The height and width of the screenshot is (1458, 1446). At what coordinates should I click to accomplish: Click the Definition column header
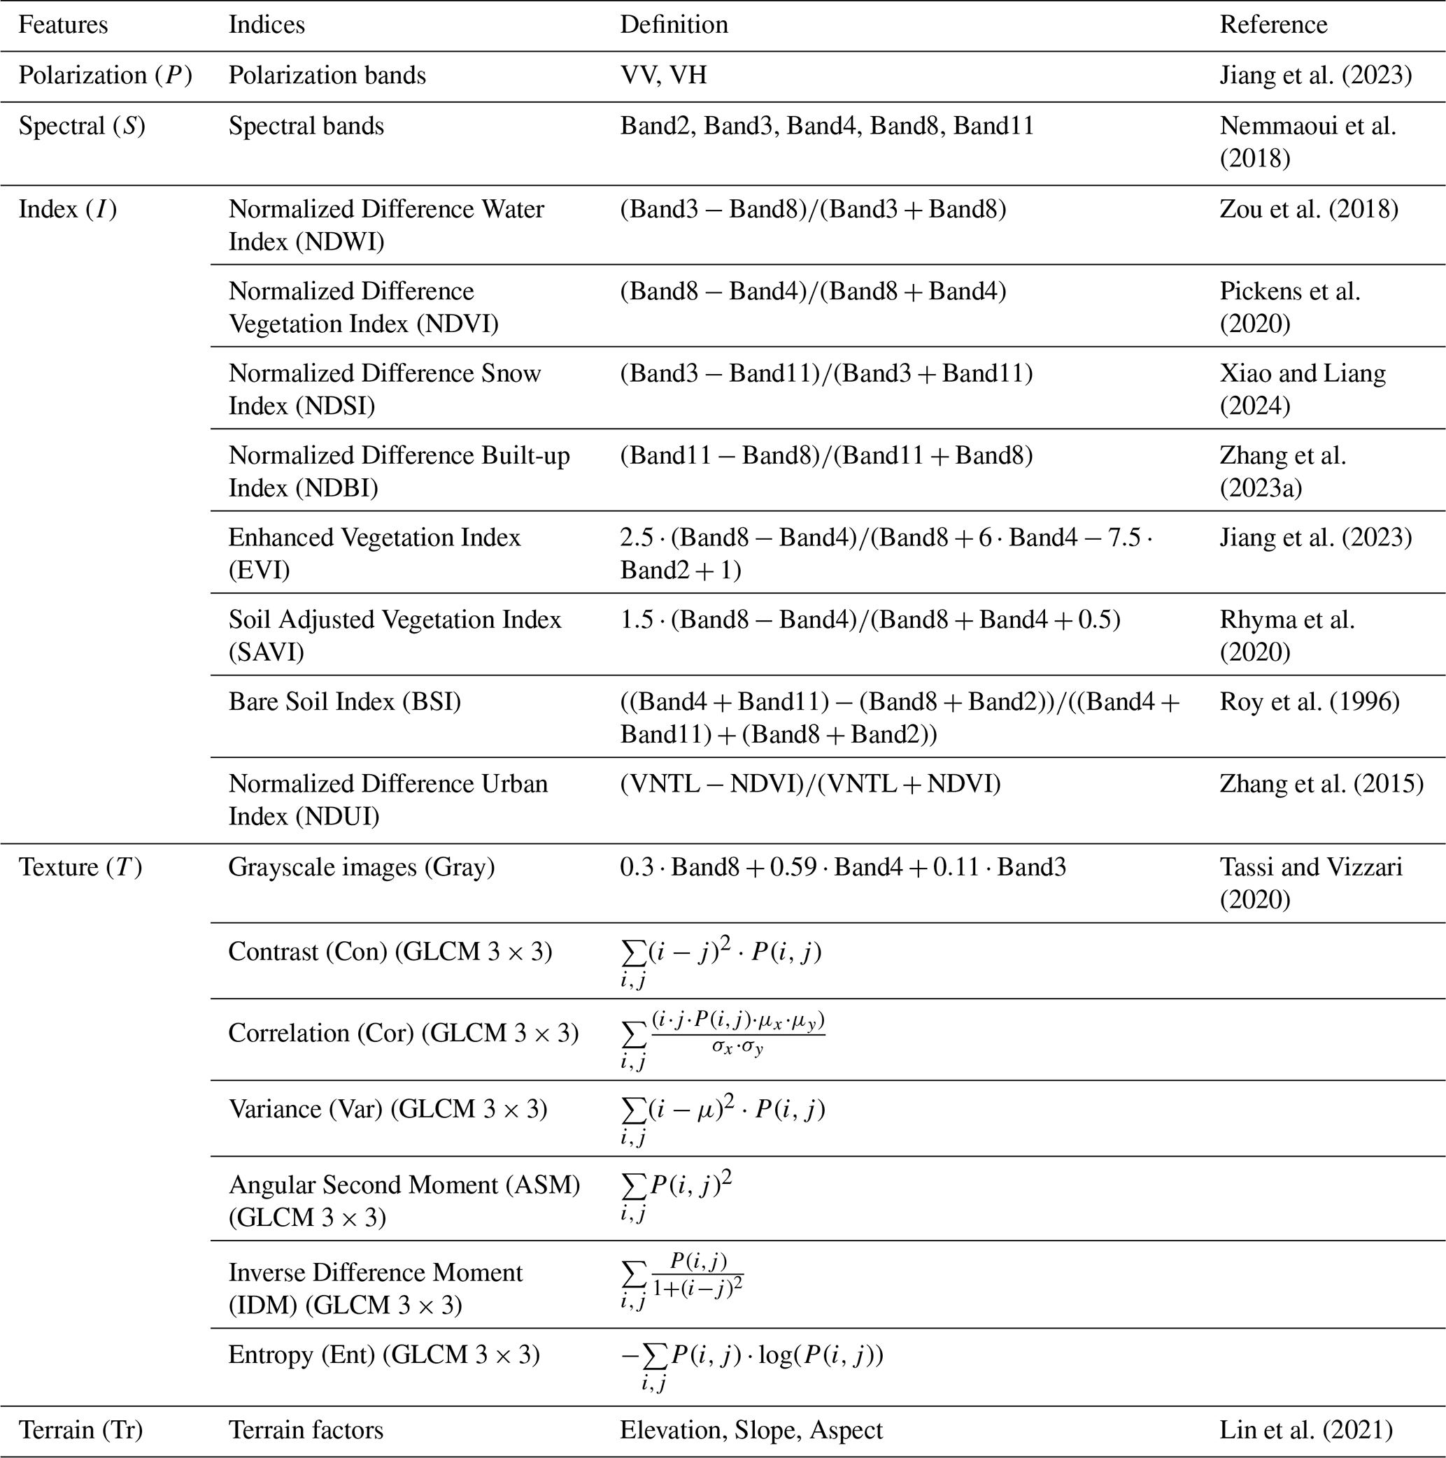pyautogui.click(x=674, y=25)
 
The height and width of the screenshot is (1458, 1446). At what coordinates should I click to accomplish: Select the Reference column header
pyautogui.click(x=1273, y=25)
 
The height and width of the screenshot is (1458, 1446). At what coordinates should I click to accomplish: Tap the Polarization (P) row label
pyautogui.click(x=105, y=76)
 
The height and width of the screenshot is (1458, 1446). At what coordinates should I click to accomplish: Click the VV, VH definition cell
pyautogui.click(x=663, y=76)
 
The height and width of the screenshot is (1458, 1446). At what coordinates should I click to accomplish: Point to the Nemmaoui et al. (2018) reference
pyautogui.click(x=1307, y=142)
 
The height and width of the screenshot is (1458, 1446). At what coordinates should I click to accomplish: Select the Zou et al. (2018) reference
pyautogui.click(x=1309, y=209)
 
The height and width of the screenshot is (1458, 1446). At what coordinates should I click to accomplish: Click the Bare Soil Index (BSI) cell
pyautogui.click(x=344, y=702)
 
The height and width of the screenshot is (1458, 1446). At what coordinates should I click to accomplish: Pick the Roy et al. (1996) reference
pyautogui.click(x=1310, y=702)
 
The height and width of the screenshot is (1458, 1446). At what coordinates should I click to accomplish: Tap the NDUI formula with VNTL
pyautogui.click(x=810, y=784)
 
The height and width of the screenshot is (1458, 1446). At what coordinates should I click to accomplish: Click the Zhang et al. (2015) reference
pyautogui.click(x=1321, y=784)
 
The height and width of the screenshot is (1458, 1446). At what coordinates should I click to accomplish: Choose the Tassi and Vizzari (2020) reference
pyautogui.click(x=1311, y=883)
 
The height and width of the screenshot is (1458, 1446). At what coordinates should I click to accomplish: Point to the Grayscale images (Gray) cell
pyautogui.click(x=362, y=867)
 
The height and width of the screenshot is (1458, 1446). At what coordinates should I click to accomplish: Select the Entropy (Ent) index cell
pyautogui.click(x=383, y=1355)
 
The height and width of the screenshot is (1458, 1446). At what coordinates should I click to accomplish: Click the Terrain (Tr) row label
pyautogui.click(x=80, y=1430)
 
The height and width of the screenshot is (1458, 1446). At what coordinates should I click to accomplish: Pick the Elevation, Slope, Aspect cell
pyautogui.click(x=751, y=1430)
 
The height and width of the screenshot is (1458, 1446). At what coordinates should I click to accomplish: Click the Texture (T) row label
pyautogui.click(x=80, y=867)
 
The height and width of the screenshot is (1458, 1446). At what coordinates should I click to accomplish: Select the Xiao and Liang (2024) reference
pyautogui.click(x=1303, y=389)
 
